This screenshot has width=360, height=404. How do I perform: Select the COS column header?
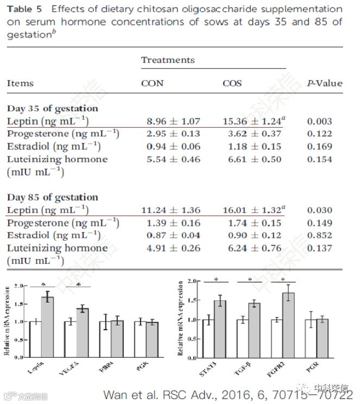(x=232, y=84)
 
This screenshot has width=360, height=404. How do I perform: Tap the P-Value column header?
(x=325, y=84)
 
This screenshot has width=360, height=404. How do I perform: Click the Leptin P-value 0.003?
(x=319, y=122)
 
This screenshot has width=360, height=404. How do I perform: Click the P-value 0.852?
(x=319, y=235)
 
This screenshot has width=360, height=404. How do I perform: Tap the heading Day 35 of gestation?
(x=53, y=109)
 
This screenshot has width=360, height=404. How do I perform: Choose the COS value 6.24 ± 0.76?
(x=252, y=248)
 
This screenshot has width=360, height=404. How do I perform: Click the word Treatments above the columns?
(x=168, y=60)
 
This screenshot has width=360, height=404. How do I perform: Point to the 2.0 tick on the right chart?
(x=191, y=282)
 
